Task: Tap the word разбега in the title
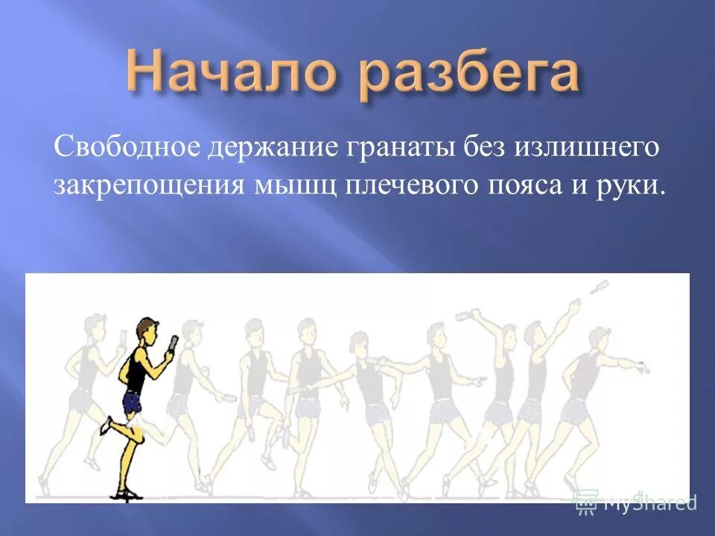(471, 76)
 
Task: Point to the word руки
(630, 186)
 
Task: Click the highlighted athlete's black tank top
(136, 372)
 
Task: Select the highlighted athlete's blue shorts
(133, 403)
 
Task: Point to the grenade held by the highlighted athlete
(174, 342)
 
